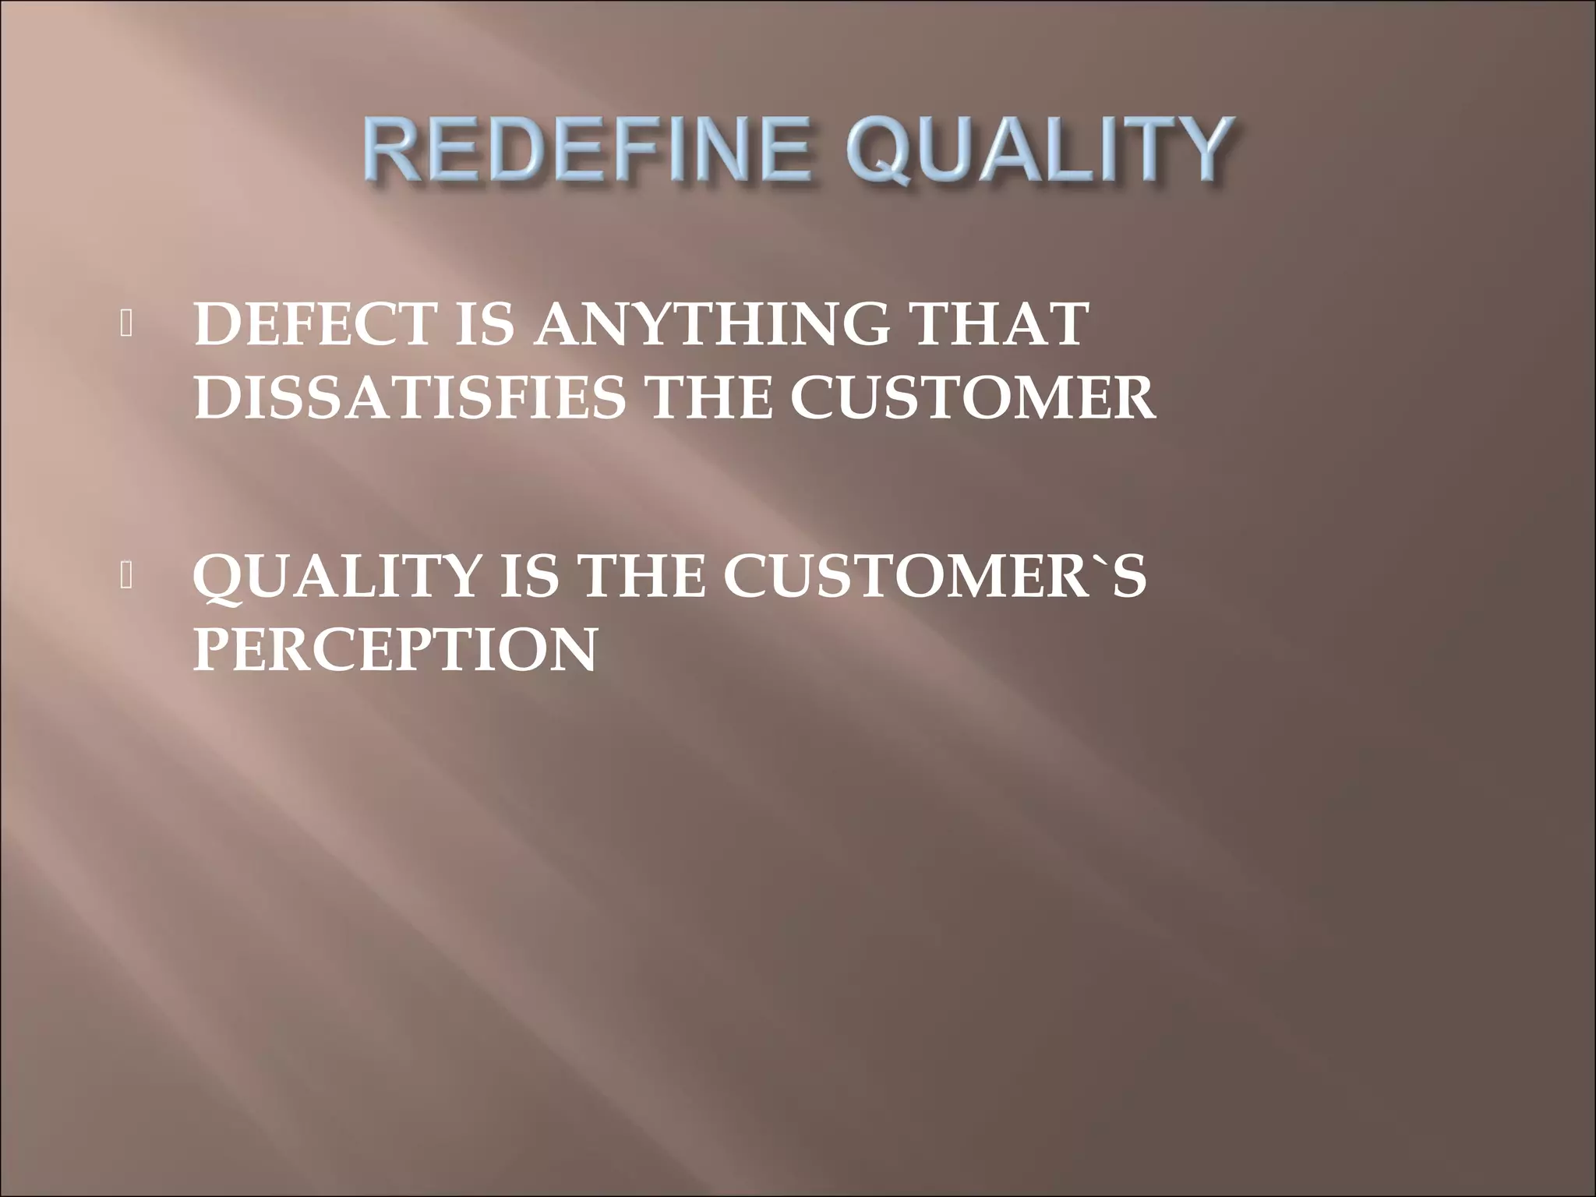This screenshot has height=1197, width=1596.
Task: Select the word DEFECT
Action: pyautogui.click(x=312, y=325)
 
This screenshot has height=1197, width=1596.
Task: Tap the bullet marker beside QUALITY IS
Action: pyautogui.click(x=127, y=577)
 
